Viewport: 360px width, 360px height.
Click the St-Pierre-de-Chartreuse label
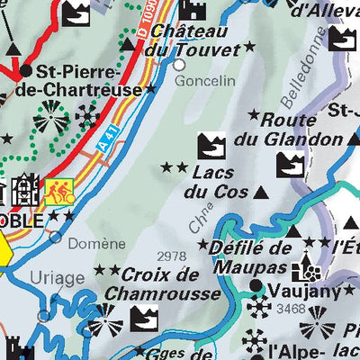click(x=83, y=81)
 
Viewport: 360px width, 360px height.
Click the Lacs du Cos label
click(x=210, y=181)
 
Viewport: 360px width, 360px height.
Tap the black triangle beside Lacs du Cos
click(x=261, y=192)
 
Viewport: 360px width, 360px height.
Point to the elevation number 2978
click(x=171, y=256)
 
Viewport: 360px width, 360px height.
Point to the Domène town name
click(x=98, y=243)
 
